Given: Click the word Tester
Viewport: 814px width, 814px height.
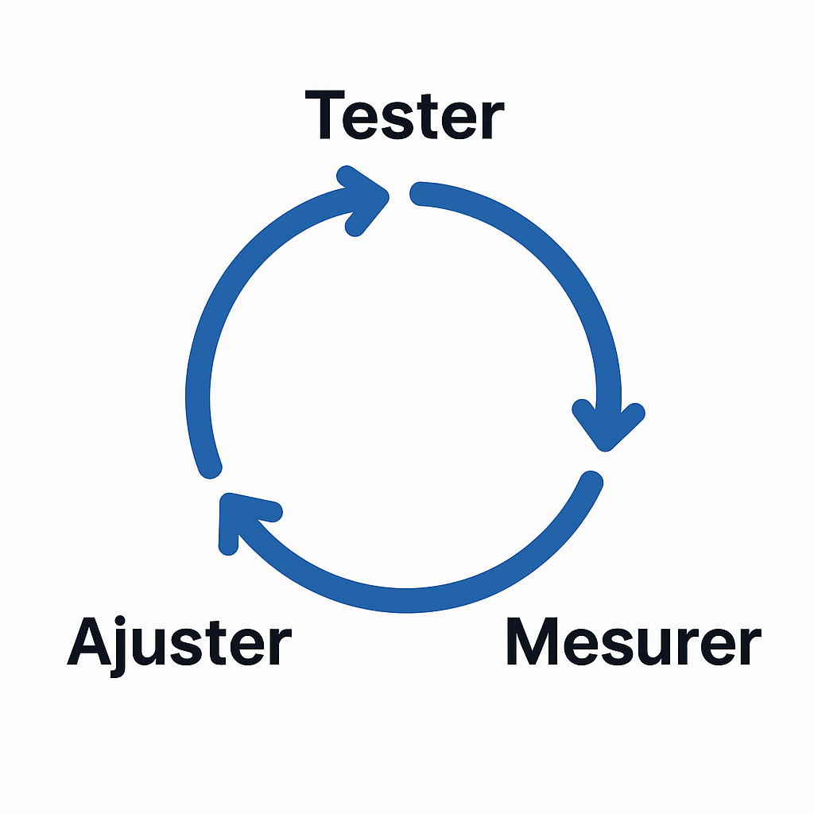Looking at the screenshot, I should (405, 116).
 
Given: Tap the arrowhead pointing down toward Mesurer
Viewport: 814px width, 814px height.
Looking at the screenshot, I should (609, 425).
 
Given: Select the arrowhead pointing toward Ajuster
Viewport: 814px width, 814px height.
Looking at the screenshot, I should (238, 517).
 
